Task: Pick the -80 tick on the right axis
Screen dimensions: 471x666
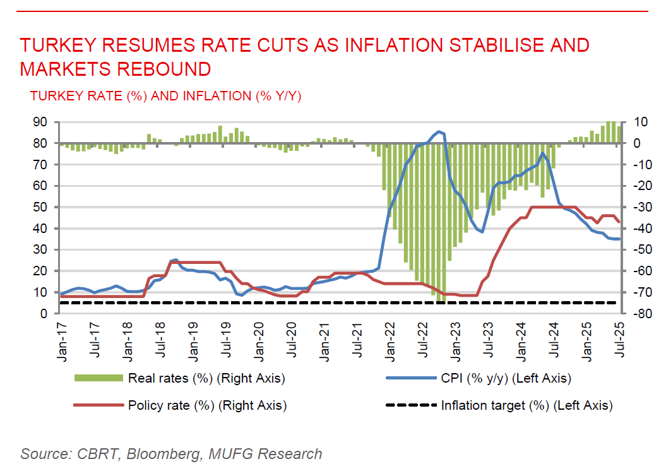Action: pos(638,313)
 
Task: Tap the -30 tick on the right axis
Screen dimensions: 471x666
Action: pos(638,207)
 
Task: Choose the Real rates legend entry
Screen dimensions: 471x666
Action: pos(206,379)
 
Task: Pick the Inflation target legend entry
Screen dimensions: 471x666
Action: pos(526,405)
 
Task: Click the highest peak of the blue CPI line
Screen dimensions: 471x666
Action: pos(440,131)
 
